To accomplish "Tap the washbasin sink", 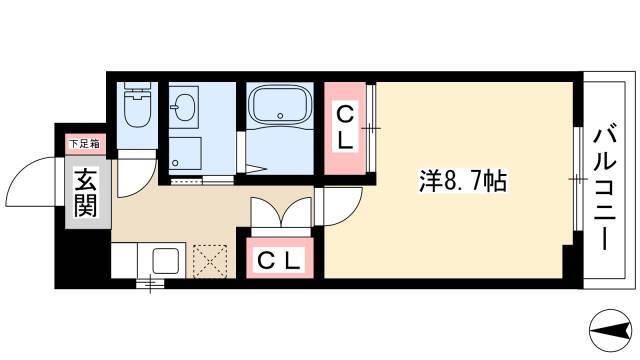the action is (x=184, y=108).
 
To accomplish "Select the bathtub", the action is (x=280, y=104).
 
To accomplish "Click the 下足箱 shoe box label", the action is (x=85, y=144).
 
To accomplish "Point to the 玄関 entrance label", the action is (x=86, y=193).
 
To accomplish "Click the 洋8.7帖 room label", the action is (x=463, y=181).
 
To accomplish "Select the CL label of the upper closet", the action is (x=345, y=127).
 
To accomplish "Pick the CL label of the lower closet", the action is (x=280, y=260).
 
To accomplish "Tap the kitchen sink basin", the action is (x=165, y=260).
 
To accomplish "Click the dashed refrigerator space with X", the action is (x=210, y=261).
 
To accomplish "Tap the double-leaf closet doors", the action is (x=281, y=212).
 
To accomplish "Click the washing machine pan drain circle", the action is (x=175, y=163).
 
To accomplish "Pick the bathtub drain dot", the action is (x=280, y=116).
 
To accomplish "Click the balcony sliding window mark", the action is (x=577, y=179).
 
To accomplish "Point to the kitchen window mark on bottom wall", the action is (x=151, y=283).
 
